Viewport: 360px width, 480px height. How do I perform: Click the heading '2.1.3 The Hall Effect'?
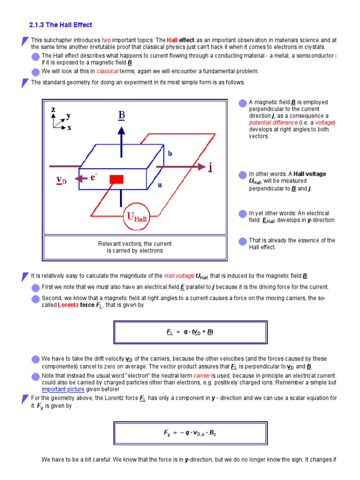(60, 25)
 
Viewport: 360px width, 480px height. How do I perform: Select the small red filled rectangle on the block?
(116, 179)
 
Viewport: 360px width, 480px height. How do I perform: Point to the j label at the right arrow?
(210, 167)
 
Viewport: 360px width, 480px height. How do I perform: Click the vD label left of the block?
(61, 180)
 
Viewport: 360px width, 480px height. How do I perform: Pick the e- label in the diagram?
(94, 177)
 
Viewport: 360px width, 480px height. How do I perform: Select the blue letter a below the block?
(159, 185)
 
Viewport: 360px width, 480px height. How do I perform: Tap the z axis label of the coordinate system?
(53, 109)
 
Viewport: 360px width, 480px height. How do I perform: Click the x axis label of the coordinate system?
(69, 127)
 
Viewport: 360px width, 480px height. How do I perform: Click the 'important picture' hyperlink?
(63, 389)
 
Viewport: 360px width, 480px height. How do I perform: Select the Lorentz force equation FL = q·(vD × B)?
(190, 332)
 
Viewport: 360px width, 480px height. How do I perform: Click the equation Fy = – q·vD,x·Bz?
(190, 433)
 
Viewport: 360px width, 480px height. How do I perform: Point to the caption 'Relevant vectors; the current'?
(135, 244)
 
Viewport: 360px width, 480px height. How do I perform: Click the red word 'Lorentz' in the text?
(68, 305)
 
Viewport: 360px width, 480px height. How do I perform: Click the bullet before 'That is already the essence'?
(242, 241)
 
